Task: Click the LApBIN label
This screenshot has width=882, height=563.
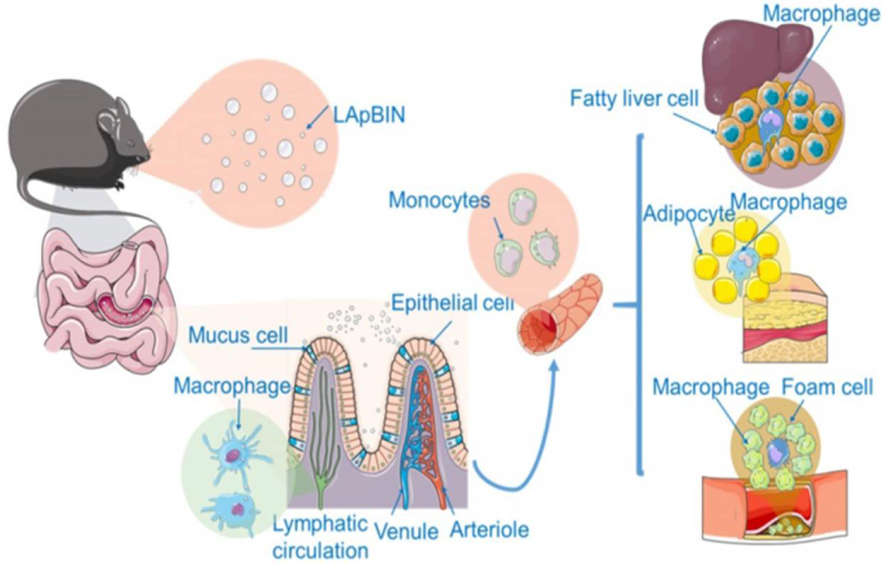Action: pyautogui.click(x=369, y=115)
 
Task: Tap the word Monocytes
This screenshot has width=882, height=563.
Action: pyautogui.click(x=439, y=201)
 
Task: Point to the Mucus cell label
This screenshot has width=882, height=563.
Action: pyautogui.click(x=238, y=335)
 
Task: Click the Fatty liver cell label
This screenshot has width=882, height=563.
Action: pyautogui.click(x=634, y=99)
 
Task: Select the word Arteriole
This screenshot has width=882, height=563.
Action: pyautogui.click(x=489, y=529)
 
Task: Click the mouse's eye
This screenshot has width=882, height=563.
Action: pyautogui.click(x=131, y=144)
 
